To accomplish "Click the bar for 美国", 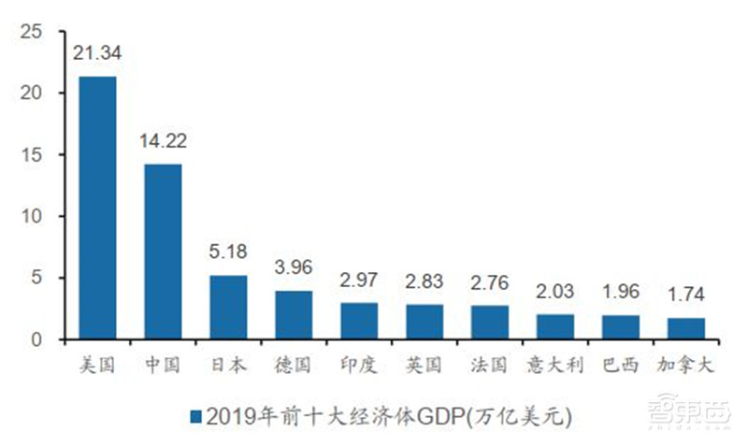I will (x=97, y=208).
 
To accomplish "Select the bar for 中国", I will (x=163, y=252).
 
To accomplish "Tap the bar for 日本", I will (x=228, y=307).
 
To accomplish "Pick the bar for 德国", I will (x=294, y=314).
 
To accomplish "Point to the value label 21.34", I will (x=97, y=52).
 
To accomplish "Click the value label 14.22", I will (x=163, y=140).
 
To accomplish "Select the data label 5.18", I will (x=228, y=252).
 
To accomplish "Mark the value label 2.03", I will (x=555, y=290).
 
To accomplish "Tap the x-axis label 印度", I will (x=359, y=366).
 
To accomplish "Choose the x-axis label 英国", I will (x=424, y=366).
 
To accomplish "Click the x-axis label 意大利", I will (x=555, y=366).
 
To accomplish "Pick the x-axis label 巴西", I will (x=621, y=366).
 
